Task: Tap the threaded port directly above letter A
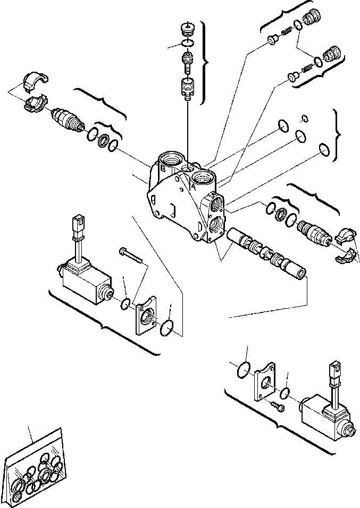tap(203, 175)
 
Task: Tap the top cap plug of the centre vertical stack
tap(187, 28)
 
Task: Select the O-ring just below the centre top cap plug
tap(187, 43)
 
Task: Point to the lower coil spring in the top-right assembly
tap(306, 69)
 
